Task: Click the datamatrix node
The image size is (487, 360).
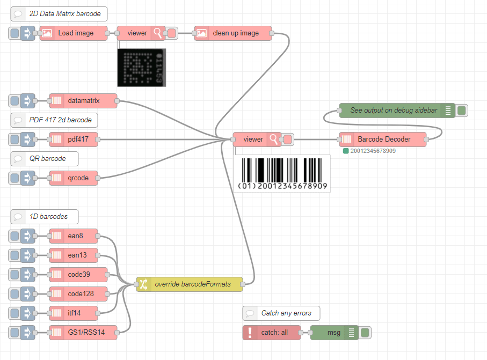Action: (83, 101)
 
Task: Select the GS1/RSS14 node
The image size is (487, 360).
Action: (83, 333)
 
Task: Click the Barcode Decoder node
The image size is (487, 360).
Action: (383, 139)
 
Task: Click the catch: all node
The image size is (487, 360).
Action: (272, 333)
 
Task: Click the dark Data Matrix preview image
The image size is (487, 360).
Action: (141, 67)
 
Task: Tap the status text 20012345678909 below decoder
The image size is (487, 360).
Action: (373, 151)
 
